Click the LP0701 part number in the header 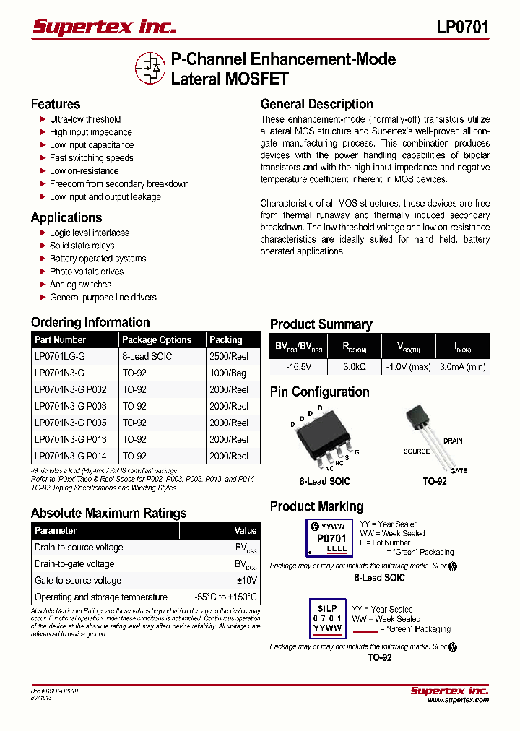(x=463, y=27)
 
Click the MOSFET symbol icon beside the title (x=150, y=68)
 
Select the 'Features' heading (x=56, y=104)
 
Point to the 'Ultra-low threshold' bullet (x=85, y=119)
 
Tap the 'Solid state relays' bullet (x=82, y=246)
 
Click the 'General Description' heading (x=317, y=104)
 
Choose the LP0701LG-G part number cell (x=60, y=356)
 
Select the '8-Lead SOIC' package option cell (x=147, y=356)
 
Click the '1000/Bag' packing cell (x=227, y=373)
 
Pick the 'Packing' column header (x=226, y=339)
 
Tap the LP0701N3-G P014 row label (x=71, y=456)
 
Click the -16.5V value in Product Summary (x=298, y=367)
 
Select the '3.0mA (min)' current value (x=463, y=367)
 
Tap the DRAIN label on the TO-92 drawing (x=453, y=441)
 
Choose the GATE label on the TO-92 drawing (x=459, y=471)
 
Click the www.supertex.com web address (x=458, y=700)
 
